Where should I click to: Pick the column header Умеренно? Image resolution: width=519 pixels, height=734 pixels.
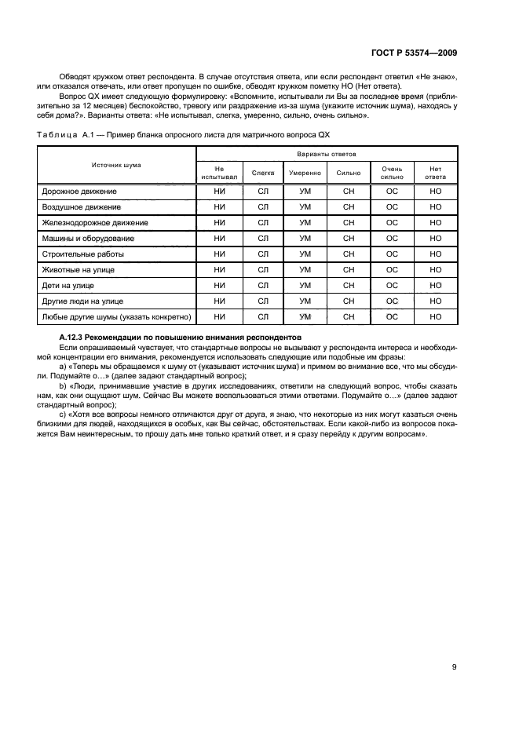point(305,172)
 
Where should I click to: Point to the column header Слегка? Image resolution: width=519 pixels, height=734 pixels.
point(263,172)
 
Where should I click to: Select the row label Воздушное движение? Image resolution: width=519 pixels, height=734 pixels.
point(81,206)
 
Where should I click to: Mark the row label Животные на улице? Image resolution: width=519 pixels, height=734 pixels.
point(78,269)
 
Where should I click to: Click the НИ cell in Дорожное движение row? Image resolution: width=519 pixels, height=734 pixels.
point(220,191)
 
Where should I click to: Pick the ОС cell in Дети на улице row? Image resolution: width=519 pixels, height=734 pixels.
point(392,285)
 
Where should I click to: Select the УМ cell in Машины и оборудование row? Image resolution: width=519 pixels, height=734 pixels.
point(305,238)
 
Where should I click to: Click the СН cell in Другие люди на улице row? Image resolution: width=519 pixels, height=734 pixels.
point(349,301)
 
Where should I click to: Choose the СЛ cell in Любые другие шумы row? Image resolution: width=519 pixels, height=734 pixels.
point(263,316)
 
